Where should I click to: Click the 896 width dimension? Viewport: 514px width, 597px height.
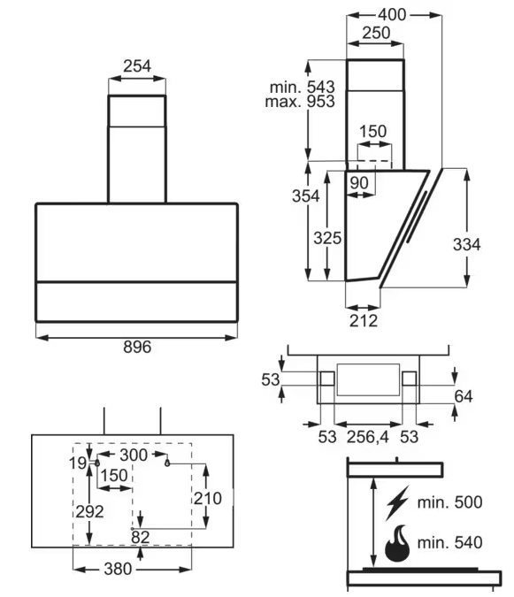[137, 347]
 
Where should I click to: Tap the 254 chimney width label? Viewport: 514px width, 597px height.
[137, 66]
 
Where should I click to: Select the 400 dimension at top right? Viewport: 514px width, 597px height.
[392, 15]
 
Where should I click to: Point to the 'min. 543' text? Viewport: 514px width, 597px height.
[303, 88]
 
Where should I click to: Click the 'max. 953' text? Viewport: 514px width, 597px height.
[300, 102]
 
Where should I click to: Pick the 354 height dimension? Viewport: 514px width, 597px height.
[306, 196]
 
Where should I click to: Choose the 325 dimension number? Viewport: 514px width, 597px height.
[327, 238]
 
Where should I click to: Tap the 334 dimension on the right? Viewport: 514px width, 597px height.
[467, 244]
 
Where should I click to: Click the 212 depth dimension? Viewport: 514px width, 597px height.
[364, 321]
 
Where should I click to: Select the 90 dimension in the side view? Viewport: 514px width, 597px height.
[359, 183]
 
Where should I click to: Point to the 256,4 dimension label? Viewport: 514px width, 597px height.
[368, 437]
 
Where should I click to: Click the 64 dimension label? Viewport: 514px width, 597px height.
[464, 397]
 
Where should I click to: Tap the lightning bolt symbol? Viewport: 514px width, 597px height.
[397, 503]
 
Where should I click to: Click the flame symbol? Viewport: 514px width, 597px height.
[397, 543]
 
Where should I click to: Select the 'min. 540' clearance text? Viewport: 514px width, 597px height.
[450, 542]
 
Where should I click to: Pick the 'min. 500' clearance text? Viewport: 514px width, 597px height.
[450, 502]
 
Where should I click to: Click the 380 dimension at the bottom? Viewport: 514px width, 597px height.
[118, 570]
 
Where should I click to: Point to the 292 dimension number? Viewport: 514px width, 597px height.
[90, 512]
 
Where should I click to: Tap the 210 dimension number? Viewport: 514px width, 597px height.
[208, 499]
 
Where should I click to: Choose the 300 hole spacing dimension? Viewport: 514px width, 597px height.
[134, 455]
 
